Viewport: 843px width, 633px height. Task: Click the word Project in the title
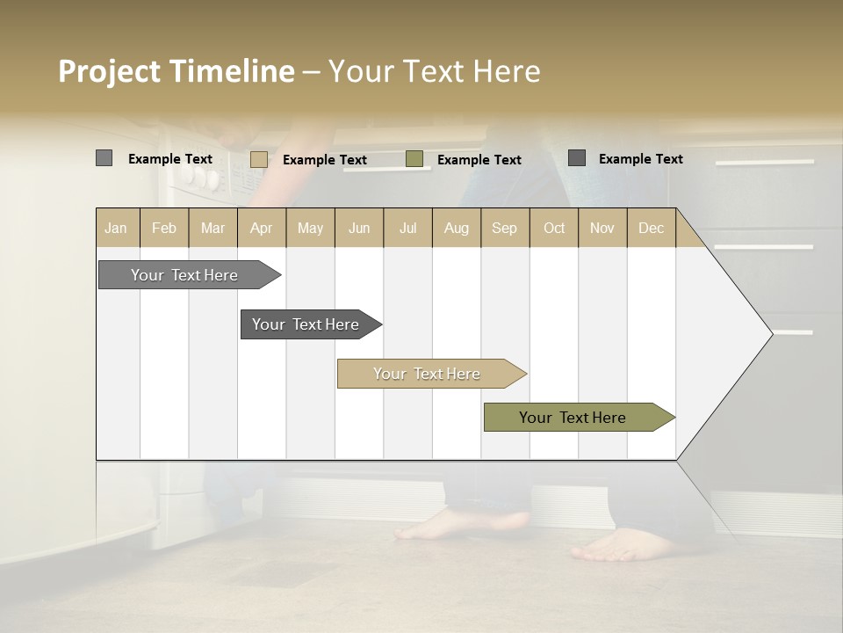tap(110, 71)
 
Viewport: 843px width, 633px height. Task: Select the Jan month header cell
tap(116, 228)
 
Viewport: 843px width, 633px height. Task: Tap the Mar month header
tap(213, 228)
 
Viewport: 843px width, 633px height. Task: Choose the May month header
tap(310, 228)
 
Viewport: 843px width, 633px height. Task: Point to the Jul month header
tap(407, 228)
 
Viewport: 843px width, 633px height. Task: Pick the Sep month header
tap(504, 228)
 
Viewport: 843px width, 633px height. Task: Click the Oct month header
tap(554, 228)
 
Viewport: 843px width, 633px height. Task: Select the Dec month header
tap(651, 228)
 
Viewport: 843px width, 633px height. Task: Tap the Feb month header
tap(164, 228)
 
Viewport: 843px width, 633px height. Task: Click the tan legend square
tap(259, 159)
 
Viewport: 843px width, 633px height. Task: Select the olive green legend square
tap(414, 159)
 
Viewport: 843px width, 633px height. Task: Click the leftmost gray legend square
tap(104, 158)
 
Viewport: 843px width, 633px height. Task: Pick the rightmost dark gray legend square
tap(577, 158)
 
